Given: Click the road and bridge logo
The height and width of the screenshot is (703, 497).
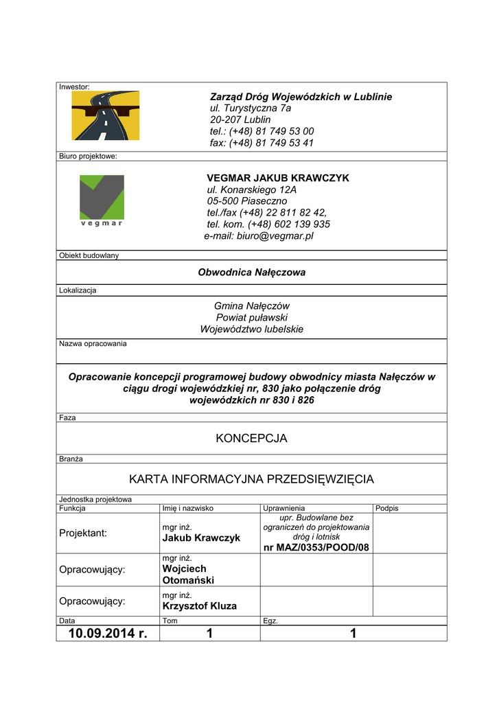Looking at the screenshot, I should tap(106, 115).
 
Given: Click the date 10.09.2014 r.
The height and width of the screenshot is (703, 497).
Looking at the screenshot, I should tap(108, 633).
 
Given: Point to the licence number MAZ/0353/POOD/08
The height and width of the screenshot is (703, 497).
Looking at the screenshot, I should tap(316, 547).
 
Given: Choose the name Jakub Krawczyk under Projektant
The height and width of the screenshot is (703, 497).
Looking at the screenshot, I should tap(201, 538).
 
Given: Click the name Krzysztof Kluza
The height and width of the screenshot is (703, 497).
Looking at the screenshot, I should tap(199, 606).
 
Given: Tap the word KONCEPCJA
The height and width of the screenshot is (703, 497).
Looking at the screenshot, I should tap(251, 438).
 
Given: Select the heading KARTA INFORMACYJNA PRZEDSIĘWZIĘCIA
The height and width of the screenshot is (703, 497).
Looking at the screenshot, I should tap(251, 479).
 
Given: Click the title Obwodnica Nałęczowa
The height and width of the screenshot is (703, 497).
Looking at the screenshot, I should tap(251, 272).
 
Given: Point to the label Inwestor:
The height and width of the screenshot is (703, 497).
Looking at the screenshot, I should tap(74, 87).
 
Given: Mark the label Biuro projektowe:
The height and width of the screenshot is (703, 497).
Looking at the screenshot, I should tap(88, 156).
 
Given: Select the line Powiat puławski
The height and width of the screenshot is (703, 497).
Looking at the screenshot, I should tap(251, 317).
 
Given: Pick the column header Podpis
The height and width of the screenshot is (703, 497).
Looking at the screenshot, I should tap(387, 508).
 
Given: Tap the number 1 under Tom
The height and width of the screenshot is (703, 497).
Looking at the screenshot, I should tap(209, 633).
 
